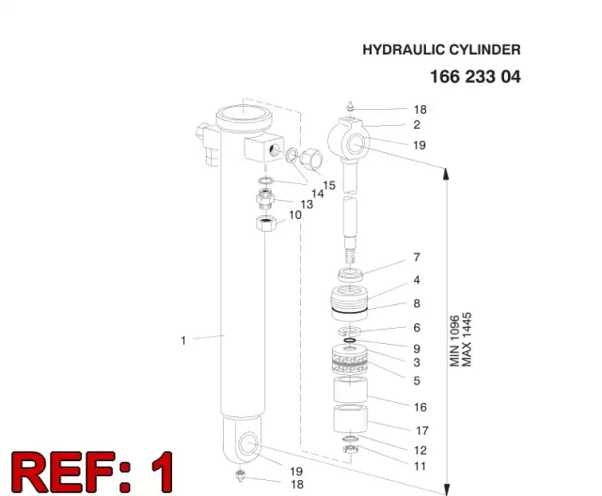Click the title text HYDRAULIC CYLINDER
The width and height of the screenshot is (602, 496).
441,50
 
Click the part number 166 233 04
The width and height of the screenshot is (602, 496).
475,77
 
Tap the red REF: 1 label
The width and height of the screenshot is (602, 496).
92,472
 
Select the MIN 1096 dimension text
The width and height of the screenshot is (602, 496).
454,341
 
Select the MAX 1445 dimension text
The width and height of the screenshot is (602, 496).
467,340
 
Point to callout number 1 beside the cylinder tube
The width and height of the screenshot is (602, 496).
183,340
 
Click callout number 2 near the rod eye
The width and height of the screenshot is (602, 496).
417,125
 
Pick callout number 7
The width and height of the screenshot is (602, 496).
417,257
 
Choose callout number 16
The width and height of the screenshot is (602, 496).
420,407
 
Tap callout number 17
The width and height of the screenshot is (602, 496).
422,431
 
